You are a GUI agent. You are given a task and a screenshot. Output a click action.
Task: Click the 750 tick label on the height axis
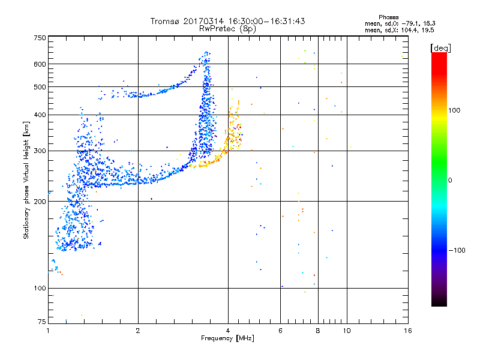[x=40, y=38]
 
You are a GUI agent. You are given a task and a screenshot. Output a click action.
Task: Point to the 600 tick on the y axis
[x=40, y=64]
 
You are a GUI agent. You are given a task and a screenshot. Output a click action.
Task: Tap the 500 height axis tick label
[x=40, y=87]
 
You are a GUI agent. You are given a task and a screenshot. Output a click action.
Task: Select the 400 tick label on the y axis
[x=40, y=115]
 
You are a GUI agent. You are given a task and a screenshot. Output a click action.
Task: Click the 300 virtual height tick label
[x=40, y=151]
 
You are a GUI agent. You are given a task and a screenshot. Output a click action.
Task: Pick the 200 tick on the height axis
[x=40, y=202]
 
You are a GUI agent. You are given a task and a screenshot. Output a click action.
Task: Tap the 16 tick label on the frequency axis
[x=408, y=331]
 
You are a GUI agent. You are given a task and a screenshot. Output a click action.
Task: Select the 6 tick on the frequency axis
[x=281, y=331]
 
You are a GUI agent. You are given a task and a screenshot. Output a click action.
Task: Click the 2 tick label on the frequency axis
[x=138, y=331]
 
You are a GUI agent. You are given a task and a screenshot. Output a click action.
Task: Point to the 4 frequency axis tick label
[x=227, y=331]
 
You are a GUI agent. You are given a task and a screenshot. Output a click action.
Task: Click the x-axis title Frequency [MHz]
[x=227, y=339]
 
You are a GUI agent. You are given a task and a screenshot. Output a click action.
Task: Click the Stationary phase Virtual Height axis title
[x=26, y=180]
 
